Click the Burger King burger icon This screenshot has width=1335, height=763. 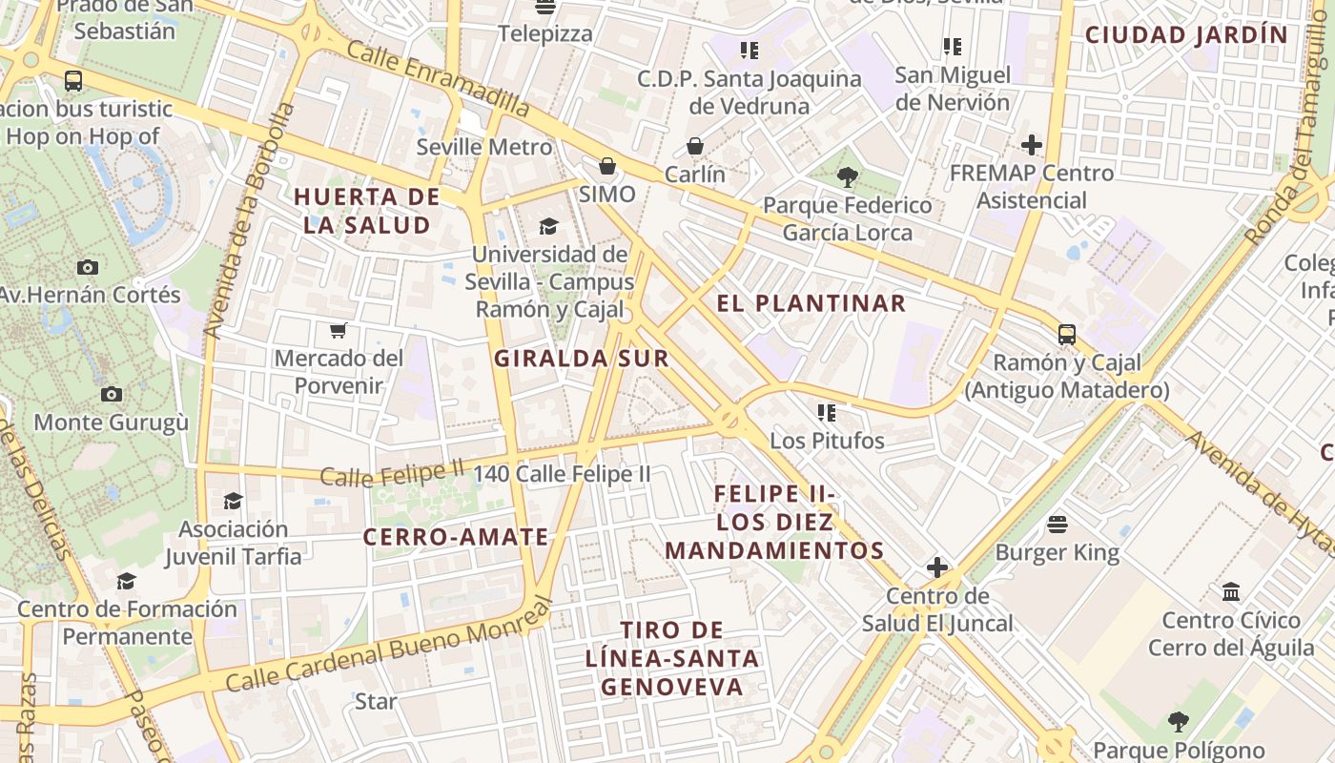click(1057, 524)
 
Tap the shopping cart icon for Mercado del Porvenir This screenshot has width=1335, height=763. click(338, 330)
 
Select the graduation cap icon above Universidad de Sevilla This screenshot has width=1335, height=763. click(548, 226)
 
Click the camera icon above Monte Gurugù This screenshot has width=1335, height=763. click(112, 394)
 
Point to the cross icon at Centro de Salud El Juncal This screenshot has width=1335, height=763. click(937, 567)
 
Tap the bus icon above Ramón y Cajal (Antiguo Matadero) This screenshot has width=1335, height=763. click(1066, 335)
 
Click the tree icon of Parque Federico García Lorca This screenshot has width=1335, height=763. click(847, 176)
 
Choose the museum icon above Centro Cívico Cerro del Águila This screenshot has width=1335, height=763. click(1230, 591)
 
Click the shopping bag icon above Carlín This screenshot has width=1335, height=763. click(695, 146)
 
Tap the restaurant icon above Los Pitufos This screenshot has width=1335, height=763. click(827, 412)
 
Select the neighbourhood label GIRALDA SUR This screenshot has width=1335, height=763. click(581, 359)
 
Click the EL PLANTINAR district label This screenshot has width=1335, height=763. click(811, 303)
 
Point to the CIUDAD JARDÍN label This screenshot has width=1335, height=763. click(1186, 35)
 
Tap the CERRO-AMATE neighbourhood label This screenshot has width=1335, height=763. click(456, 537)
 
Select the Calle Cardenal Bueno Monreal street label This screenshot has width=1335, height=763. click(389, 648)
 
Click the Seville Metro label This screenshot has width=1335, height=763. click(483, 147)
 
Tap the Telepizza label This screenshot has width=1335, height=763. click(545, 34)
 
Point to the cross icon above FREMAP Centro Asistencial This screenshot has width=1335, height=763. click(1031, 145)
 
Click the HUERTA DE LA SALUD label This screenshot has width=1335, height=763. click(366, 211)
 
